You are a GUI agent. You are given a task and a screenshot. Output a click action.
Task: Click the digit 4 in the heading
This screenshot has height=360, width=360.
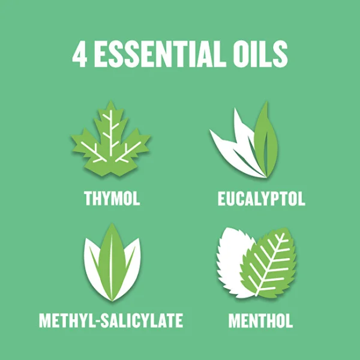(79, 54)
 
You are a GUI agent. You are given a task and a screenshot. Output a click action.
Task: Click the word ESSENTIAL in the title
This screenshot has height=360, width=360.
(158, 54)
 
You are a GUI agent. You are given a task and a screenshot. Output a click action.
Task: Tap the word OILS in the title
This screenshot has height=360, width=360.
(260, 54)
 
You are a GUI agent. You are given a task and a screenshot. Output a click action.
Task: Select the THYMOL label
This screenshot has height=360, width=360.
(112, 198)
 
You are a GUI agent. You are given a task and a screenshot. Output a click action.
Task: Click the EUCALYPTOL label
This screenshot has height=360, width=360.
(261, 199)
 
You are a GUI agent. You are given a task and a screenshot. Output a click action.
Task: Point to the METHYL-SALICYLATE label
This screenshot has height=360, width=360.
(111, 320)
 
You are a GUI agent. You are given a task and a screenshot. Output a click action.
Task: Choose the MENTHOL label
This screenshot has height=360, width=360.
(260, 320)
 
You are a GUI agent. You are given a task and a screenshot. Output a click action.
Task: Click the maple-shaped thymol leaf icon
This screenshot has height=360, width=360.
(110, 140)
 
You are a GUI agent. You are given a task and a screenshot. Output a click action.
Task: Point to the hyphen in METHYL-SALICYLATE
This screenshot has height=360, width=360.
(97, 321)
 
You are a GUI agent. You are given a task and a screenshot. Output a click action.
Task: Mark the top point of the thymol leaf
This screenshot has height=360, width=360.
(110, 101)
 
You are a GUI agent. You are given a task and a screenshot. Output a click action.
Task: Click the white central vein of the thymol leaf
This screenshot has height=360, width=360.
(111, 133)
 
